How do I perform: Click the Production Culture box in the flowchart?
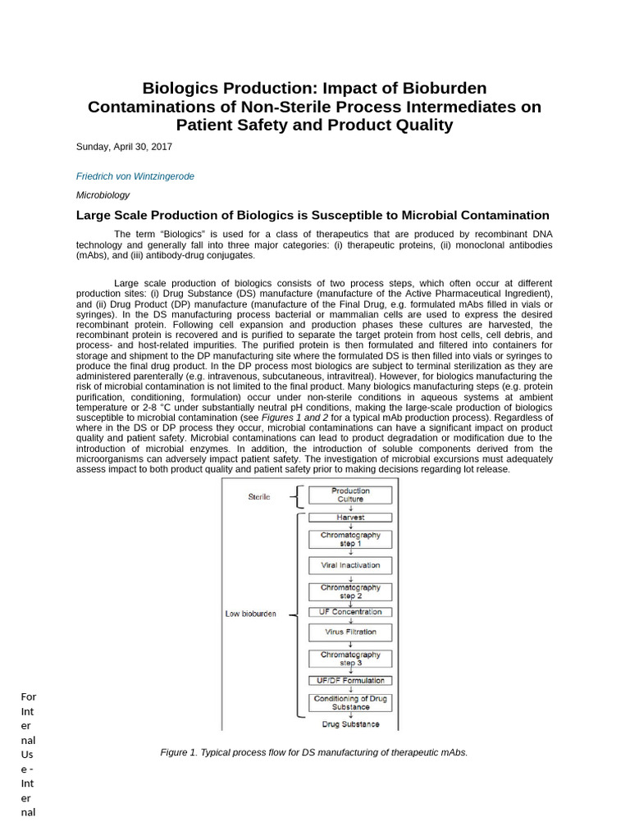[350, 495]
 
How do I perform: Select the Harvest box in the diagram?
[350, 518]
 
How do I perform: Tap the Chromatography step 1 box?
[350, 539]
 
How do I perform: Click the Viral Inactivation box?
[350, 565]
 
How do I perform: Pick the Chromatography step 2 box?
[350, 591]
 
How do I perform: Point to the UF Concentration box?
[350, 612]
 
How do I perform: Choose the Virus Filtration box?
[350, 632]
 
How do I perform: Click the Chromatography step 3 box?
[350, 658]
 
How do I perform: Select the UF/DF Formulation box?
[350, 680]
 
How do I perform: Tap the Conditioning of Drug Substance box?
[350, 702]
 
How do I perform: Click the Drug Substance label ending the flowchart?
[350, 724]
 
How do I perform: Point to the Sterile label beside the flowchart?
[259, 496]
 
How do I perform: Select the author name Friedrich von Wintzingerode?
[135, 176]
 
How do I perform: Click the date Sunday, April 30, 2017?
[124, 147]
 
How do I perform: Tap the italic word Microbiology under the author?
[103, 195]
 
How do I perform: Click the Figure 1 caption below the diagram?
[314, 752]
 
